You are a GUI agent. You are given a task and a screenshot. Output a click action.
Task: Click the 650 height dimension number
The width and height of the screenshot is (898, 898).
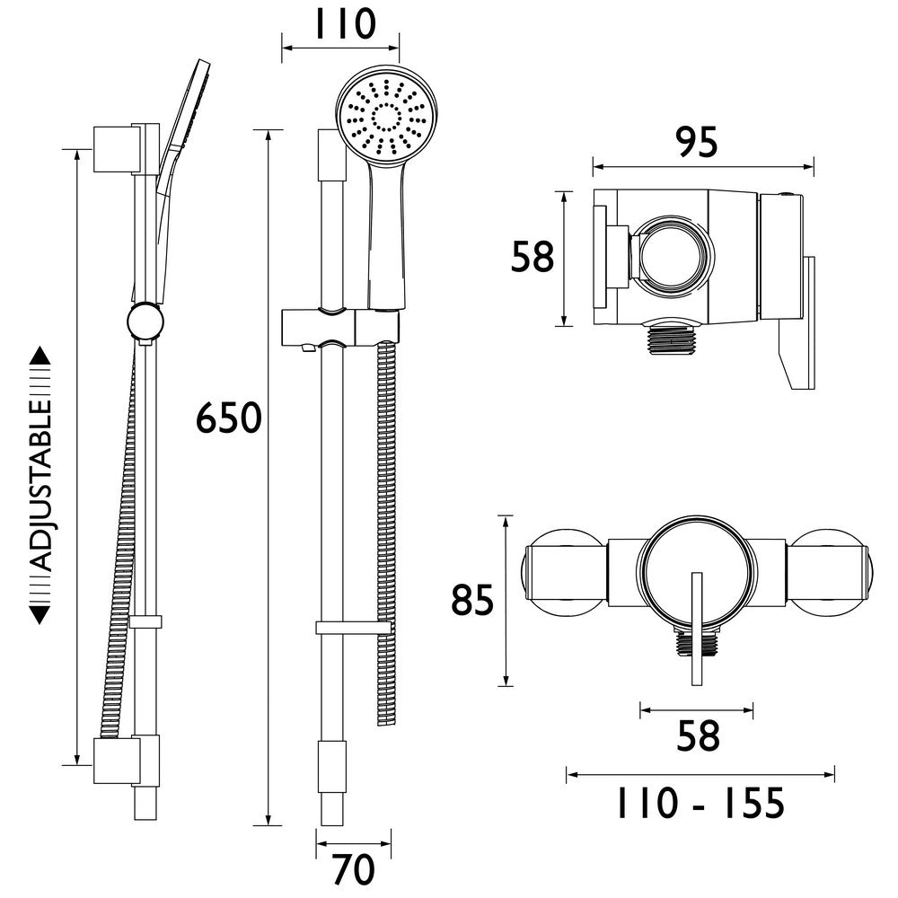click(228, 419)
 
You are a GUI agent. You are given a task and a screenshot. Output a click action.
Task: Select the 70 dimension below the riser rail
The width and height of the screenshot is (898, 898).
click(352, 869)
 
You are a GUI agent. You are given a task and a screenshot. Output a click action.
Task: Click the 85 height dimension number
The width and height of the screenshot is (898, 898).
click(472, 601)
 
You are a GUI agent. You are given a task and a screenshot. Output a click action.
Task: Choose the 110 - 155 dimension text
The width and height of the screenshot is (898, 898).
click(700, 802)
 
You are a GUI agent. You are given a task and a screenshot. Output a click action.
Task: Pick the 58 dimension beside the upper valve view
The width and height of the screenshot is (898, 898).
click(532, 258)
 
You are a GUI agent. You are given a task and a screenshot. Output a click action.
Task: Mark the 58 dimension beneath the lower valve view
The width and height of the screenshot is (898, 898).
click(697, 736)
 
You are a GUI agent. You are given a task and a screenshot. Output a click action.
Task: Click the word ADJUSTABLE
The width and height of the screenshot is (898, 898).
click(41, 485)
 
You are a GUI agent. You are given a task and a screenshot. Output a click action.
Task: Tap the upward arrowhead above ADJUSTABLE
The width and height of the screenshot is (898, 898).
click(41, 357)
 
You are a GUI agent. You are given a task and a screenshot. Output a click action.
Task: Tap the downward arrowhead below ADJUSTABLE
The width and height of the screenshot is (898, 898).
click(41, 614)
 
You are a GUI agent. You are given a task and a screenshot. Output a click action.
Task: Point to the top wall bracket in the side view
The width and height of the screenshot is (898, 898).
click(117, 147)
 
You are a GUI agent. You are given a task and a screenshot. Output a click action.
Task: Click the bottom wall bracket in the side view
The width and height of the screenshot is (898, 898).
click(117, 760)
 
